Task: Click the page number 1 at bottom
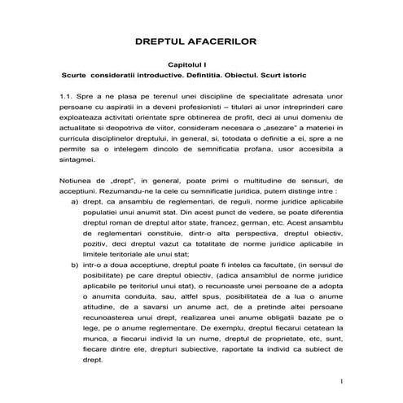point(343,382)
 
